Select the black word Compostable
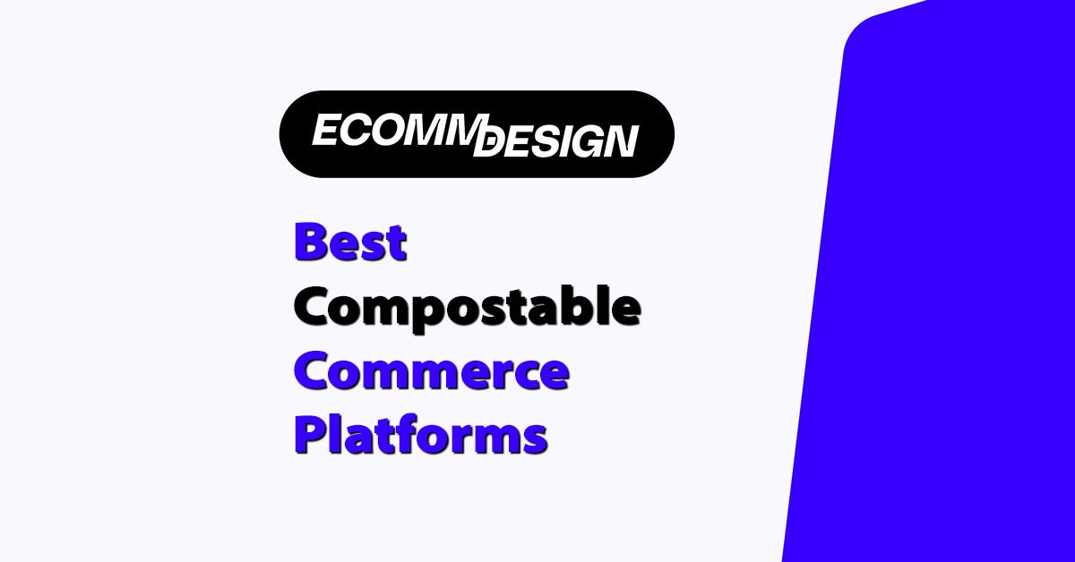tap(467, 309)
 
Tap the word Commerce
tap(431, 372)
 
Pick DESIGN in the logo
tap(556, 141)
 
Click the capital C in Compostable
tap(314, 308)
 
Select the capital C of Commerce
tap(314, 372)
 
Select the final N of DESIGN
tap(620, 142)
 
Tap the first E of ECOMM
tap(324, 131)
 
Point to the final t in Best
tap(395, 243)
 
